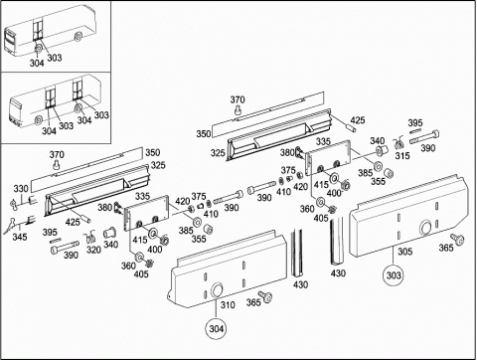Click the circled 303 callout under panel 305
pyautogui.click(x=394, y=274)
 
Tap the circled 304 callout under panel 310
pyautogui.click(x=216, y=328)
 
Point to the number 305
pyautogui.click(x=404, y=252)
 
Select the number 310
pyautogui.click(x=228, y=304)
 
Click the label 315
pyautogui.click(x=402, y=155)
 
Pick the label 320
pyautogui.click(x=93, y=250)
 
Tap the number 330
pyautogui.click(x=21, y=189)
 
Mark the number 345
pyautogui.click(x=20, y=237)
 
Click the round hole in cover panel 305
pyautogui.click(x=425, y=229)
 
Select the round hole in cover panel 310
pyautogui.click(x=217, y=290)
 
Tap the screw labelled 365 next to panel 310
pyautogui.click(x=265, y=296)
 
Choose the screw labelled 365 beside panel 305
pyautogui.click(x=458, y=240)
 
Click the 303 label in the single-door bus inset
pyautogui.click(x=55, y=58)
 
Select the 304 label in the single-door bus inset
pyautogui.click(x=37, y=63)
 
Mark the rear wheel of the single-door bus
pyautogui.click(x=79, y=37)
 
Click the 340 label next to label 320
pyautogui.click(x=110, y=245)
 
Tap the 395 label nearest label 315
pyautogui.click(x=415, y=123)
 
